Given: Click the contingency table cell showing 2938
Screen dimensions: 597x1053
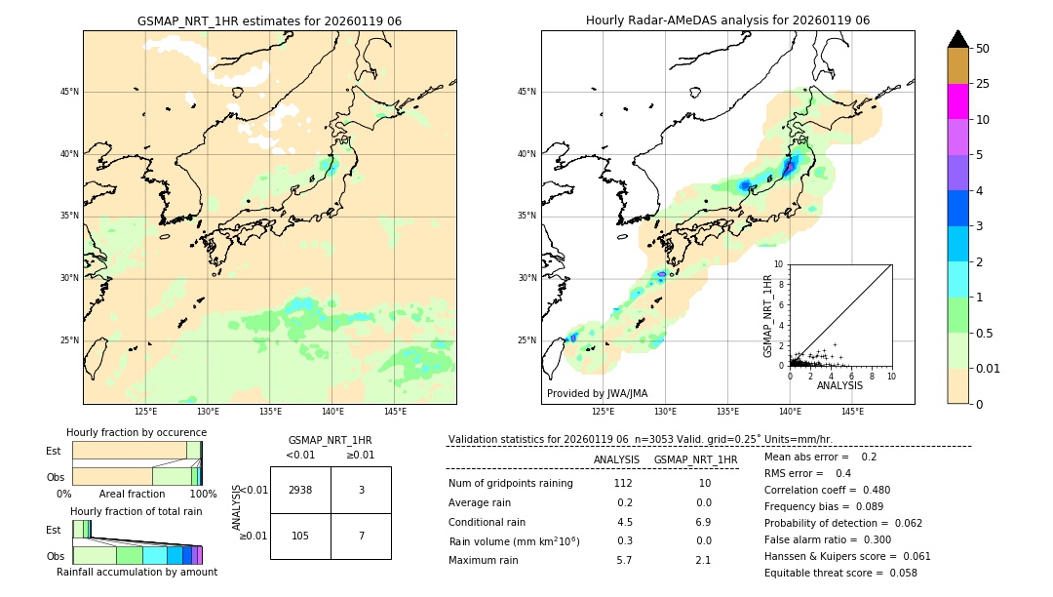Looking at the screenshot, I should click(x=300, y=490).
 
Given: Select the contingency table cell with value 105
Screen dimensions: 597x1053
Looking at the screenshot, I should click(x=300, y=537).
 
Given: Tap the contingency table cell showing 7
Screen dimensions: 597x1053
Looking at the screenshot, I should click(x=361, y=537).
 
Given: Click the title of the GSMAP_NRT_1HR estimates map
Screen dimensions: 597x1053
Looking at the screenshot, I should click(x=269, y=20).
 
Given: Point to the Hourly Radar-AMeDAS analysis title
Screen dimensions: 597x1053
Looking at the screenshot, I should click(x=727, y=20).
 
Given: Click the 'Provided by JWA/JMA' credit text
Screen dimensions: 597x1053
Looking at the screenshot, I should click(x=597, y=393).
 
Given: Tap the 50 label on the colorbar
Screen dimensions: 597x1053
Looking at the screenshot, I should click(x=983, y=49).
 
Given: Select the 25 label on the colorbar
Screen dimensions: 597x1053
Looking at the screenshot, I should click(x=983, y=84).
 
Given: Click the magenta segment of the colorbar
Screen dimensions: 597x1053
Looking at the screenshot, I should click(x=957, y=101).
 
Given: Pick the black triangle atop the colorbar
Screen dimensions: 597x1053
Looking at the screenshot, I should click(x=957, y=39).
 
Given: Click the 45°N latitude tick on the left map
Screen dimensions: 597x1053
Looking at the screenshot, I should click(x=69, y=92).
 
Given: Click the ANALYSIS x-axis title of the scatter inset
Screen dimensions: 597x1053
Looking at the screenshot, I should click(x=839, y=385).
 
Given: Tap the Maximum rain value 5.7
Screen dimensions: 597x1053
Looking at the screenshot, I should click(x=623, y=560).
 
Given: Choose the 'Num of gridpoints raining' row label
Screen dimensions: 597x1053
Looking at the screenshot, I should click(x=511, y=483).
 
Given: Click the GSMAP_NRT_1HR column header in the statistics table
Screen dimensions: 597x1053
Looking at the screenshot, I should click(x=695, y=459).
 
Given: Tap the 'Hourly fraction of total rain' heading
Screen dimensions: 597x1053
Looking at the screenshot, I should click(x=136, y=511).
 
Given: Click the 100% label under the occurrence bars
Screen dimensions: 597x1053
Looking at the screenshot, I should click(x=203, y=494).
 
